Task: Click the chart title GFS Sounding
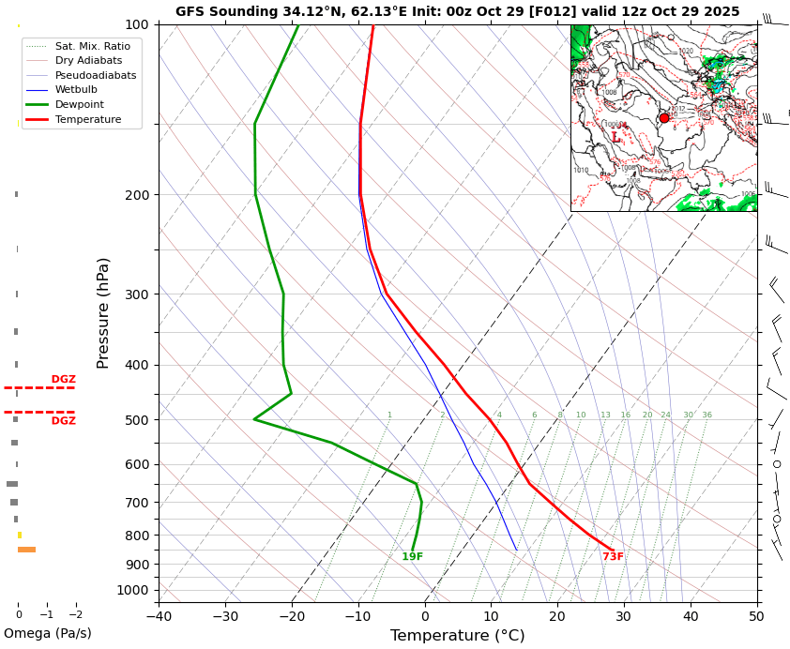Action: click(x=457, y=11)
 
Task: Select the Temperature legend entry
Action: click(x=87, y=120)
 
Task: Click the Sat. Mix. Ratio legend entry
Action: click(x=92, y=46)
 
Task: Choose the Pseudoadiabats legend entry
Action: click(x=95, y=75)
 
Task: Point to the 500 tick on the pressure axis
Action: click(x=137, y=420)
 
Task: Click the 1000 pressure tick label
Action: click(x=133, y=590)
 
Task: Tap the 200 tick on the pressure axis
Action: click(x=137, y=195)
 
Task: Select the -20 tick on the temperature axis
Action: click(x=292, y=616)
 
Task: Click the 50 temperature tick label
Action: click(x=756, y=616)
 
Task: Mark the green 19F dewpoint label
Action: click(x=412, y=557)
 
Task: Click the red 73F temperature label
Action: click(x=613, y=557)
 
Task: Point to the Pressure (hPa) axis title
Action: click(x=103, y=312)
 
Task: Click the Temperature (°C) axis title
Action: click(x=457, y=636)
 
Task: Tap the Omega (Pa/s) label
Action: click(x=48, y=633)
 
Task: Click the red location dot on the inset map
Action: click(x=664, y=118)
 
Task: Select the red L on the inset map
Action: click(x=615, y=138)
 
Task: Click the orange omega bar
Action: click(x=26, y=550)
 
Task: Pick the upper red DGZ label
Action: click(x=63, y=380)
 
